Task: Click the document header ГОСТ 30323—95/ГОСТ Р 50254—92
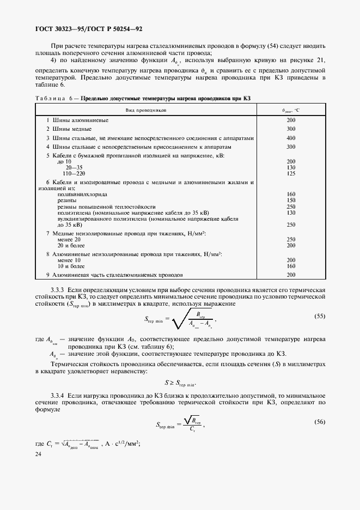(90, 29)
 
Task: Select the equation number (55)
(321, 316)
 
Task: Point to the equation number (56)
(321, 422)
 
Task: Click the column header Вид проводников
(145, 110)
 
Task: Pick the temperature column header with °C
(291, 110)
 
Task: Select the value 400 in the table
(291, 138)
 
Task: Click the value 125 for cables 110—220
(291, 173)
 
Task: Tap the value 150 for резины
(291, 201)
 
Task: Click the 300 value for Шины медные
(291, 129)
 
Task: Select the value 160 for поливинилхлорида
(291, 195)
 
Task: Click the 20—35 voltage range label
(74, 167)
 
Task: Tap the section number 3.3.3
(58, 289)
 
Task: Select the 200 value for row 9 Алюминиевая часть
(291, 275)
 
